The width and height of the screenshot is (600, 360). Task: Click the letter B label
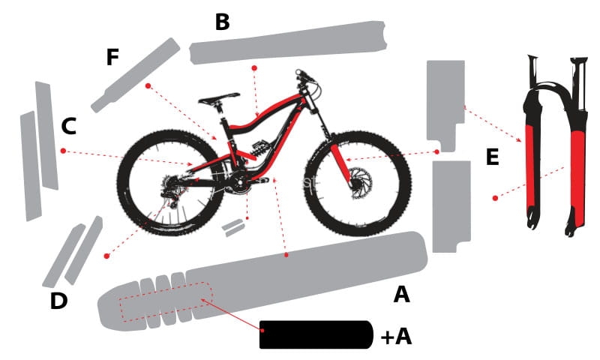pyautogui.click(x=222, y=22)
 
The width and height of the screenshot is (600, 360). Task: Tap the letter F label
pyautogui.click(x=112, y=58)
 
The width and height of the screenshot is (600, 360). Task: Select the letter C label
pyautogui.click(x=68, y=127)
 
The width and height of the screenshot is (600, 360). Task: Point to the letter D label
pyautogui.click(x=58, y=301)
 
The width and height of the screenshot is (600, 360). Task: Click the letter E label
pyautogui.click(x=492, y=157)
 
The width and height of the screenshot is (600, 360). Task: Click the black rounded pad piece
pyautogui.click(x=316, y=334)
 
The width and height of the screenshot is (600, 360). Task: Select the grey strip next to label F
pyautogui.click(x=135, y=75)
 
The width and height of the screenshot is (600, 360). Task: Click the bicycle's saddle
pyautogui.click(x=219, y=98)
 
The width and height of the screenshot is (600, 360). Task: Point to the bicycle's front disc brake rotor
pyautogui.click(x=358, y=182)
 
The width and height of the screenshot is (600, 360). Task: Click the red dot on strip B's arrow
pyautogui.click(x=254, y=67)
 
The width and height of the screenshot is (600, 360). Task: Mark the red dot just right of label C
pyautogui.click(x=63, y=151)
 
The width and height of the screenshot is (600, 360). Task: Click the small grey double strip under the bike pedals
pyautogui.click(x=235, y=227)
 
